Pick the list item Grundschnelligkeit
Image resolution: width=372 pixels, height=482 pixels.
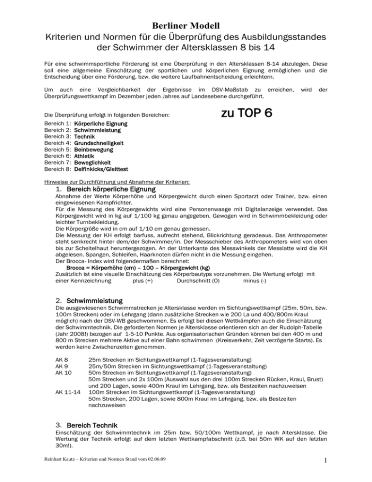[x=99, y=144]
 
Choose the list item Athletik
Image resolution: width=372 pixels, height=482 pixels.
[x=86, y=157]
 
